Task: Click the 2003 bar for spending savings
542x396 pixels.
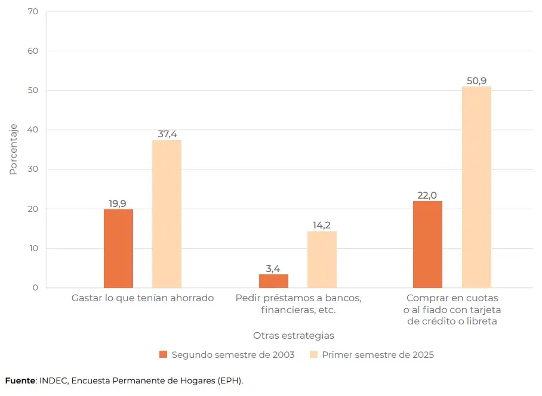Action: (x=118, y=248)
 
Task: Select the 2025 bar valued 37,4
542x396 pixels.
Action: (x=167, y=214)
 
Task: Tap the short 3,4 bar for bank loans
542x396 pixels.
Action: (x=273, y=281)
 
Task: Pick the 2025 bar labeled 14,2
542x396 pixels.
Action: (x=322, y=259)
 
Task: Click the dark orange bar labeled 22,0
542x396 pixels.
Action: (x=427, y=244)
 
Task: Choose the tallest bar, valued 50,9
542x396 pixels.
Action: (x=476, y=187)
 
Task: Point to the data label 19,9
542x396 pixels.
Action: (x=118, y=203)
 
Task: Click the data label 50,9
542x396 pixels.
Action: (x=476, y=81)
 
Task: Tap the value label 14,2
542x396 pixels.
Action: (x=322, y=225)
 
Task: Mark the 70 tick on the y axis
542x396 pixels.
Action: (x=33, y=12)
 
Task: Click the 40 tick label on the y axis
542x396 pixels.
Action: (x=33, y=130)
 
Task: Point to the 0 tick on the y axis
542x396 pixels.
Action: (x=35, y=287)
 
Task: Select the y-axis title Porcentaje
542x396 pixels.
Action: (x=13, y=149)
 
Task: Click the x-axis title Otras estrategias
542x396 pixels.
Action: (x=293, y=335)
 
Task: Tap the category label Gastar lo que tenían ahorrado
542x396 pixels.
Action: (x=142, y=298)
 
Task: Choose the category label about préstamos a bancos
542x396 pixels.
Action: (x=298, y=304)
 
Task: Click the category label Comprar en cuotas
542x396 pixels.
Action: (x=452, y=309)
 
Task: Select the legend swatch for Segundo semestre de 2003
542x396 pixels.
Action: (x=164, y=354)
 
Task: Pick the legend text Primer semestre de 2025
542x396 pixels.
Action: (x=378, y=355)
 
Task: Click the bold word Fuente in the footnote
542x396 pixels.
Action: (x=20, y=380)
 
